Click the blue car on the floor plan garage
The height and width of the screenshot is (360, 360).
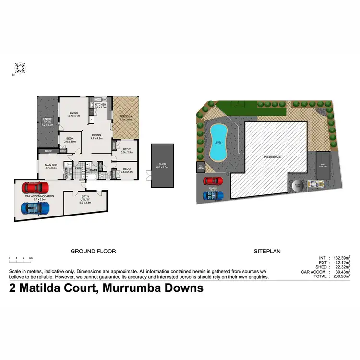click(36, 208)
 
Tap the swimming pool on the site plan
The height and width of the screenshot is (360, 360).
click(219, 143)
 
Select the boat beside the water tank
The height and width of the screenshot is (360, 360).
click(315, 184)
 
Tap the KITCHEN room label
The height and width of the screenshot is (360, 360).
click(100, 104)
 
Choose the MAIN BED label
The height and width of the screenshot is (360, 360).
click(51, 166)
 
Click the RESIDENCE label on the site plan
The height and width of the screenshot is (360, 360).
click(272, 157)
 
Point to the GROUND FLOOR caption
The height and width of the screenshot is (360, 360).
click(93, 251)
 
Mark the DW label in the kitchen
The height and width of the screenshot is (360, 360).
click(104, 99)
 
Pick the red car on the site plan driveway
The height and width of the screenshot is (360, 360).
click(213, 181)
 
